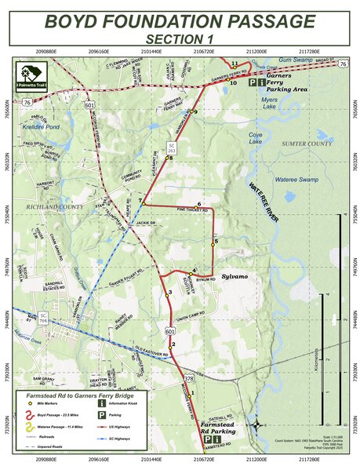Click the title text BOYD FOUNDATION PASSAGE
(x=180, y=21)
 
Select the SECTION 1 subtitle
(x=180, y=38)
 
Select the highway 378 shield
(x=188, y=378)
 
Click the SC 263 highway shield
(x=172, y=146)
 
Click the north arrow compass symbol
(x=257, y=424)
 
